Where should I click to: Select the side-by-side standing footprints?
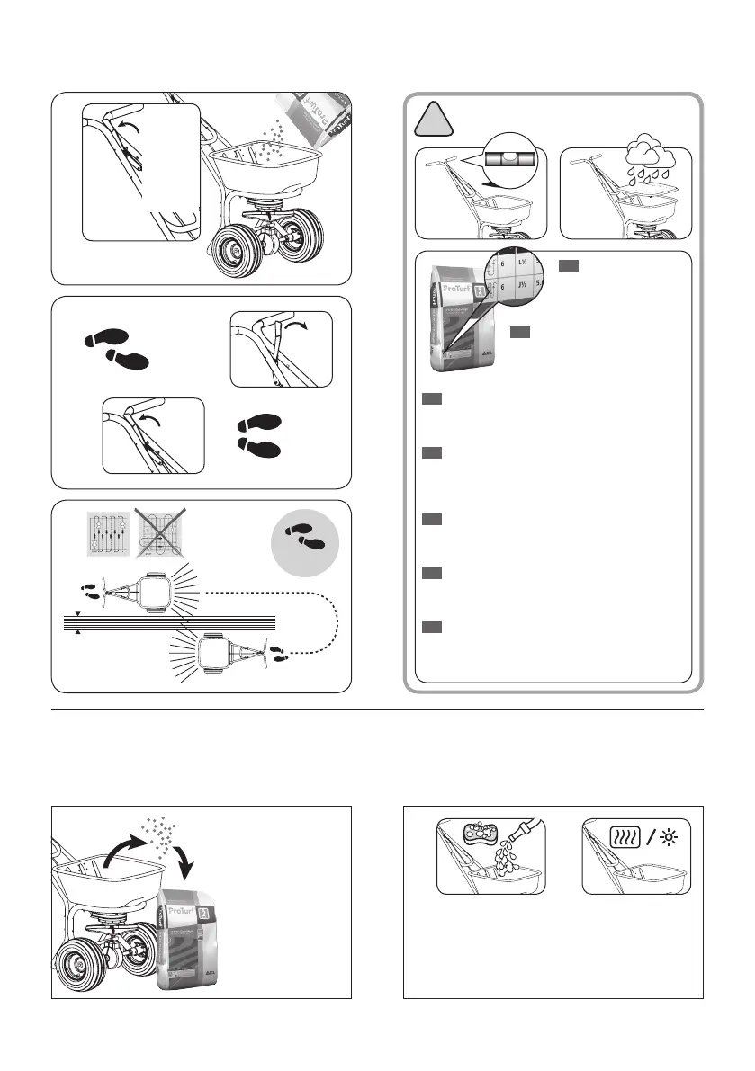point(260,433)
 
